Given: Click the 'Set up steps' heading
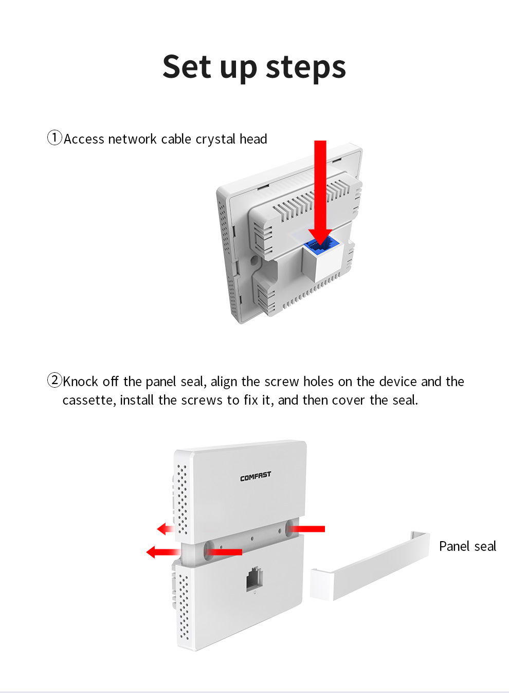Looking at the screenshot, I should pyautogui.click(x=254, y=67).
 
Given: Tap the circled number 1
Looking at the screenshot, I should pyautogui.click(x=54, y=138).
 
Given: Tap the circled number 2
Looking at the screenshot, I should pyautogui.click(x=54, y=380).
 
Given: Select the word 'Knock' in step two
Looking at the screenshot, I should pyautogui.click(x=80, y=382).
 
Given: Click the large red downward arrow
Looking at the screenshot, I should pyautogui.click(x=320, y=190).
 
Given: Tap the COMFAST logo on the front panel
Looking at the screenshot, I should pyautogui.click(x=256, y=476).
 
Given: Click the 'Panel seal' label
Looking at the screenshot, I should pyautogui.click(x=467, y=546).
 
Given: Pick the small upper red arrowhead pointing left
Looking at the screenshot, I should pyautogui.click(x=165, y=529).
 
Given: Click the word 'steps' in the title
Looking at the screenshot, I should pyautogui.click(x=305, y=67).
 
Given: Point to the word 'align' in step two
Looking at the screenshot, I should pyautogui.click(x=224, y=382).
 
